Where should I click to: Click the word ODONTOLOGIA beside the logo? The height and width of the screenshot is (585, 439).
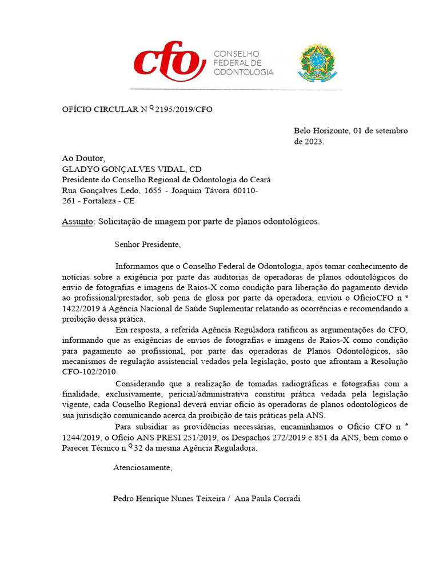243,72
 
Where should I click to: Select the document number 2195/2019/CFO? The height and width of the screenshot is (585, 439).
183,109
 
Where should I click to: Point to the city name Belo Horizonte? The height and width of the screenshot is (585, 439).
321,131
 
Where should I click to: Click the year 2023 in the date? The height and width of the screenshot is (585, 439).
313,142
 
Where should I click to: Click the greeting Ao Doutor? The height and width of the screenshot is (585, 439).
83,158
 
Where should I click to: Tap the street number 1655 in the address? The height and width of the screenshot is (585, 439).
154,190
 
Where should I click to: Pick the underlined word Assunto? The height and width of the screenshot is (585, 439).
77,222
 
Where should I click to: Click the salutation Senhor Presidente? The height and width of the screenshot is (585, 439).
147,245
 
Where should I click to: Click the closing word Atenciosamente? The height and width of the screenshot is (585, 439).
142,467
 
